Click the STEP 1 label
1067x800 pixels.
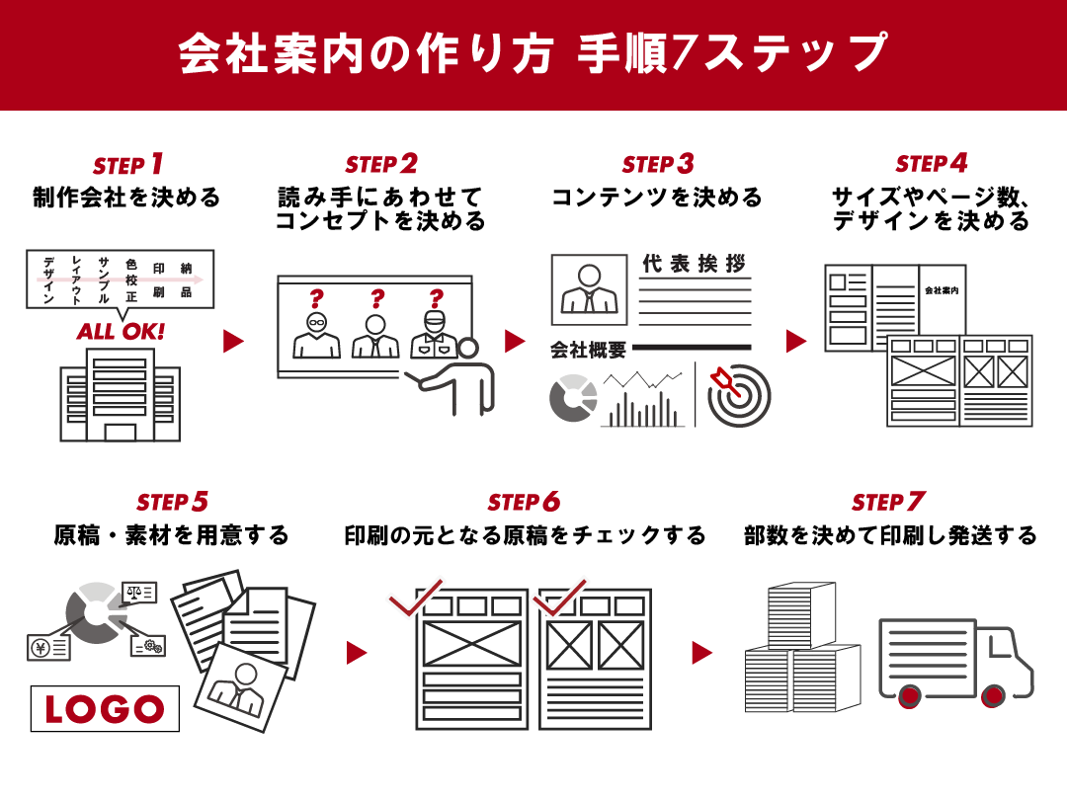click(x=127, y=164)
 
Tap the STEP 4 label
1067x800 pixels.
click(x=931, y=163)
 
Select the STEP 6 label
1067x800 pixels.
click(x=523, y=502)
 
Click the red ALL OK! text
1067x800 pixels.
click(x=122, y=331)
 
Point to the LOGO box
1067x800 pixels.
click(x=105, y=708)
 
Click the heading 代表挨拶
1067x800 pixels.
click(x=694, y=265)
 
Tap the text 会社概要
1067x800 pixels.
click(x=588, y=350)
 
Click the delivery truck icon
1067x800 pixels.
click(x=954, y=661)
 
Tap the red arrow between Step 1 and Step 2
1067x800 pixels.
click(x=233, y=342)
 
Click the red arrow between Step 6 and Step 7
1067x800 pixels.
click(x=701, y=653)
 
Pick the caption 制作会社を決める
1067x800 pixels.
click(x=126, y=197)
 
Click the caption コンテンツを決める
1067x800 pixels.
click(x=657, y=197)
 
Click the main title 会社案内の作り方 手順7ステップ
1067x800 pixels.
click(x=533, y=54)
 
